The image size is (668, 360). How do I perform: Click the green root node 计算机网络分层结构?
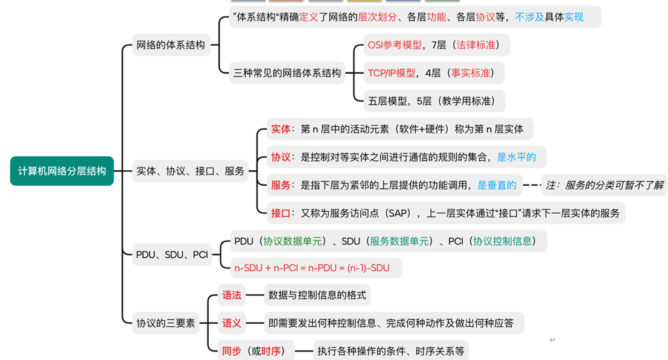click(62, 171)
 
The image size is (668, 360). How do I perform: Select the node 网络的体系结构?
click(171, 45)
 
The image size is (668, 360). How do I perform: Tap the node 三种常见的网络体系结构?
click(287, 73)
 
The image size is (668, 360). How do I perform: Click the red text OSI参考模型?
click(395, 45)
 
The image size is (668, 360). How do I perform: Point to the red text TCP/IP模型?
click(392, 73)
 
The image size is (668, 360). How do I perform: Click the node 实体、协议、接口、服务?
click(190, 171)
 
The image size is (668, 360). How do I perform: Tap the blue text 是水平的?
click(516, 157)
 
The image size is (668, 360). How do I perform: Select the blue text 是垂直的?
click(497, 185)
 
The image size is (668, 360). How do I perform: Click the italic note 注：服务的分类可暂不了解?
click(603, 185)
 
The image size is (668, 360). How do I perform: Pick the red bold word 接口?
click(281, 213)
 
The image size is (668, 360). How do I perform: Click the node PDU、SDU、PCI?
click(172, 254)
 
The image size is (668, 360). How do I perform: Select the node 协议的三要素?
click(166, 323)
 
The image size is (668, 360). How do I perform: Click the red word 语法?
click(232, 295)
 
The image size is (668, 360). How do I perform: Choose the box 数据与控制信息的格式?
click(317, 295)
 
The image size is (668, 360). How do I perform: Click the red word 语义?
click(232, 323)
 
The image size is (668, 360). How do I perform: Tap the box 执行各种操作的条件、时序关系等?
click(390, 350)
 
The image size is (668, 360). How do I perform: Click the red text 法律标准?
click(473, 45)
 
